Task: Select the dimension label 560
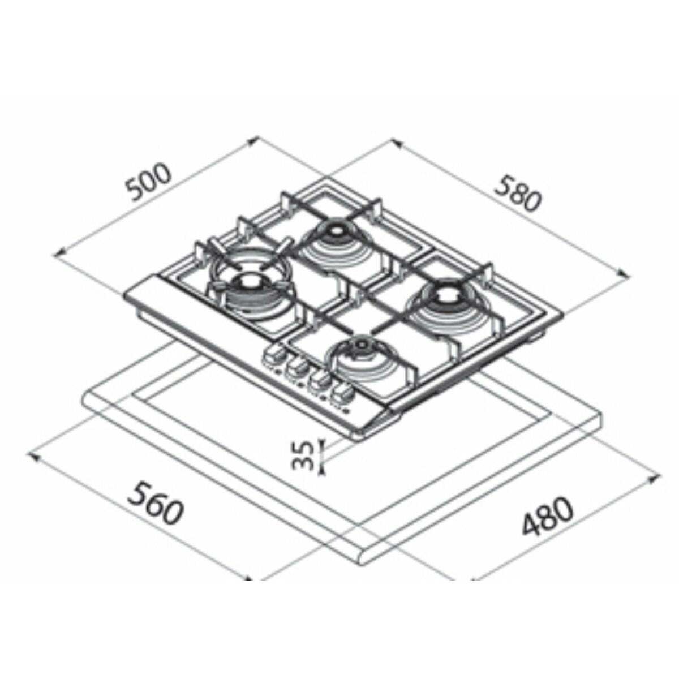[x=156, y=505]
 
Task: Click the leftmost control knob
[x=274, y=356]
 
